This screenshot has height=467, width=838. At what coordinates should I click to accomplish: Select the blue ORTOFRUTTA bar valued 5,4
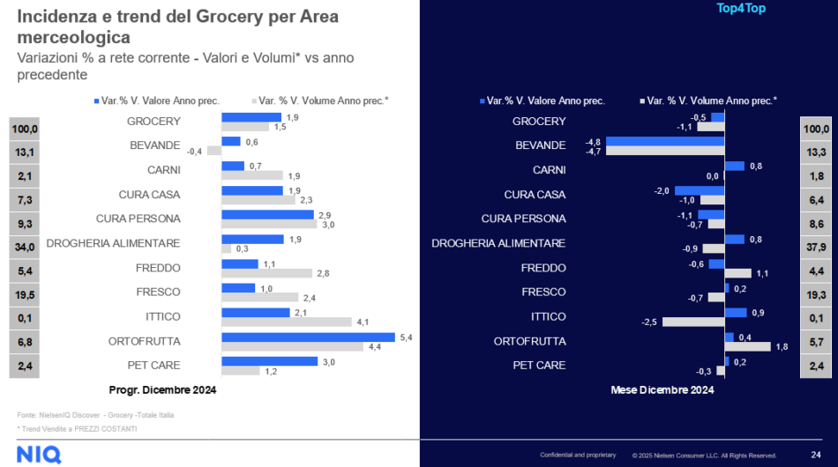308,337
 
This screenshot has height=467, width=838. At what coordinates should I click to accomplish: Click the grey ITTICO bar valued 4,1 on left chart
287,322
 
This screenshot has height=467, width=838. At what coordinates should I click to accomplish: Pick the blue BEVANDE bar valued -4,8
665,140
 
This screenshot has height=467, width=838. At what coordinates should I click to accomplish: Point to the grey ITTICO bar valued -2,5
692,322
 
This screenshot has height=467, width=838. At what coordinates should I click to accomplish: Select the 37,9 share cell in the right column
817,247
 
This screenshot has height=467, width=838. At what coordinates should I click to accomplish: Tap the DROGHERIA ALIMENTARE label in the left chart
113,243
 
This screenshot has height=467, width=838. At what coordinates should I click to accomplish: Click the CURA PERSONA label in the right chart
523,219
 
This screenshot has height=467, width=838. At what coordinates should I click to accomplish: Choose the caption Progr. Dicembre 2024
162,389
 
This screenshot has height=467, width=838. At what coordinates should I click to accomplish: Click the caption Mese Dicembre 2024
662,389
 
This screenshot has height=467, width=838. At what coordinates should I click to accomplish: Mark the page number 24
816,455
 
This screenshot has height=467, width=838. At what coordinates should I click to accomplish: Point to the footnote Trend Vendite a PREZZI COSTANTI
77,428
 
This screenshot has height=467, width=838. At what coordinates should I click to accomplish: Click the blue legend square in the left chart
96,101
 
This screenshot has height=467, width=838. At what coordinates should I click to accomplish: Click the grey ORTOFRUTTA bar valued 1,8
747,347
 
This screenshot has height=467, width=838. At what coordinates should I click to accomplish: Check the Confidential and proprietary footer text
578,455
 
